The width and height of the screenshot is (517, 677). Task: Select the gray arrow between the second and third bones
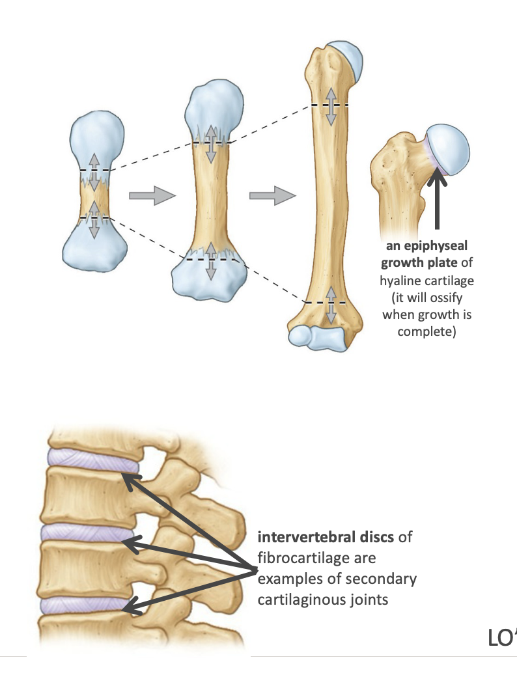point(272,195)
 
